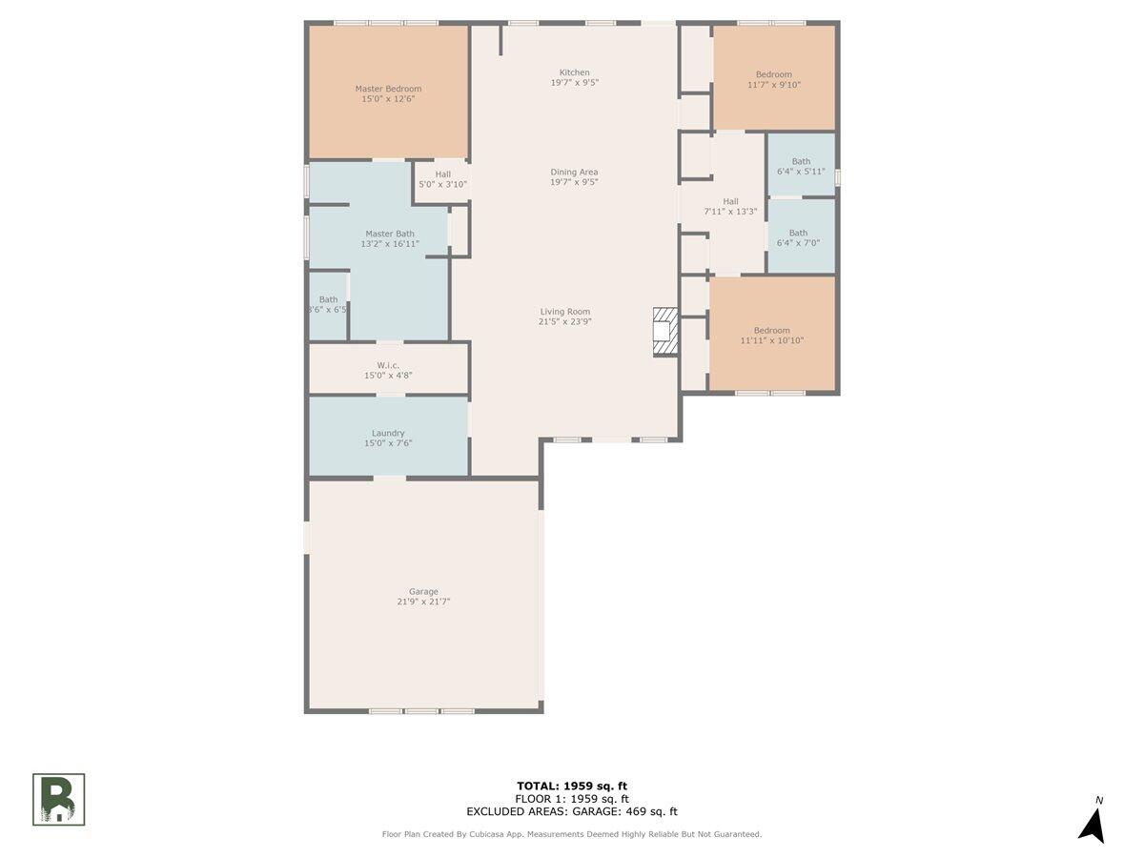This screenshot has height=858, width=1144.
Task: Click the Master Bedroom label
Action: tap(388, 93)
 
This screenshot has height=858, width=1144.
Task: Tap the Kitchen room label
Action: tap(574, 77)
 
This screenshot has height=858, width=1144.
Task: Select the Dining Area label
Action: tap(574, 176)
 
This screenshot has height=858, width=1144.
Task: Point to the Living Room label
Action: tap(565, 317)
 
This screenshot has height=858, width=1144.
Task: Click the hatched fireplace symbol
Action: tap(664, 332)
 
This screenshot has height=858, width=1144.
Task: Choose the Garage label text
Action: tap(424, 597)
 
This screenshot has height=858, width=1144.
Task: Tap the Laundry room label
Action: tap(388, 438)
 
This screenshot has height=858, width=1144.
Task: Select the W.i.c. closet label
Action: tap(388, 370)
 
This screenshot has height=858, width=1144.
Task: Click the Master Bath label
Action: tap(390, 238)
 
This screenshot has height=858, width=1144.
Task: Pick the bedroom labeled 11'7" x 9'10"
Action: tap(773, 79)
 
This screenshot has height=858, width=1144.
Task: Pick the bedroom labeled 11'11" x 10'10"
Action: tap(772, 335)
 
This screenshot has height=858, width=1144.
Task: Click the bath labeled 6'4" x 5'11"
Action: tap(801, 167)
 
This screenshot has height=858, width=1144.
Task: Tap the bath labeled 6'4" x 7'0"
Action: tap(798, 237)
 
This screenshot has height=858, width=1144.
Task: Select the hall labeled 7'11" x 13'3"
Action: tap(730, 206)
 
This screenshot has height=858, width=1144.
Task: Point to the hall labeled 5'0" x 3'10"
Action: tap(442, 179)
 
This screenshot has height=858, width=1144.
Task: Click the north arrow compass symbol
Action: tap(1093, 822)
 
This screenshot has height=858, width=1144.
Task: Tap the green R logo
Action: tap(59, 799)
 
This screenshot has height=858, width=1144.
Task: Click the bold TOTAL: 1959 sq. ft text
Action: tap(572, 786)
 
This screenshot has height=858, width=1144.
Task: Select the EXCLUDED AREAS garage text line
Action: tap(572, 812)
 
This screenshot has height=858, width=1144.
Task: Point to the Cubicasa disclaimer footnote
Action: tap(572, 834)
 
